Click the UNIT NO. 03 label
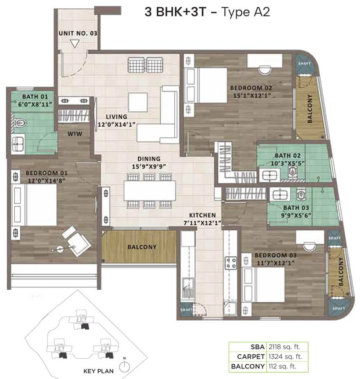(78, 33)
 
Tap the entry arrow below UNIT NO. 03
(75, 44)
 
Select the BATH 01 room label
(35, 97)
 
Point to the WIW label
(75, 134)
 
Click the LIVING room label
(117, 117)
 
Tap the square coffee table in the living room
(138, 102)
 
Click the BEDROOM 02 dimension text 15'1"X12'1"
(251, 96)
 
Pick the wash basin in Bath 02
(269, 175)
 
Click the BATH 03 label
(296, 208)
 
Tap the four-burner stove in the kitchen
(231, 263)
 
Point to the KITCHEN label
(203, 215)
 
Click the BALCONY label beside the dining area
(142, 247)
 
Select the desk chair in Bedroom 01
(76, 241)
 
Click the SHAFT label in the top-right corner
(304, 64)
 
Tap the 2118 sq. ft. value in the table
(284, 347)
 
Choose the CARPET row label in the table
(251, 357)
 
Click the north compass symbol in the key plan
(125, 366)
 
